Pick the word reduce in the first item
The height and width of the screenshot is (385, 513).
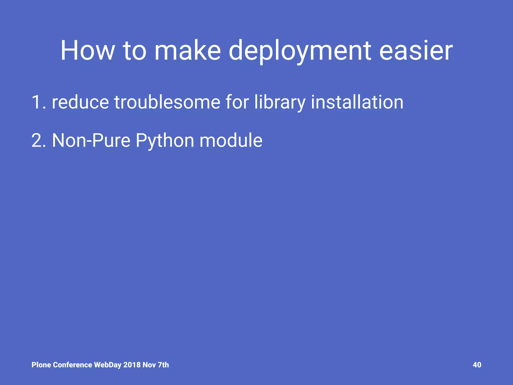tap(80, 102)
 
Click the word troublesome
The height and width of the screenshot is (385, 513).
tap(167, 102)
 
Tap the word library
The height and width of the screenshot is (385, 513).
tap(280, 102)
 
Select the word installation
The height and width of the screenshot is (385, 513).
tap(357, 102)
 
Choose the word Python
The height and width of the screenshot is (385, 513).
tap(165, 140)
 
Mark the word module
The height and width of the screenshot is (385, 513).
tap(231, 140)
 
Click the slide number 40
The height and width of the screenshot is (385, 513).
tap(477, 365)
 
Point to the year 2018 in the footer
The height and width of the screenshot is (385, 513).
tap(132, 365)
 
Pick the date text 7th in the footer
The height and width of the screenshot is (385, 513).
tap(163, 365)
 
